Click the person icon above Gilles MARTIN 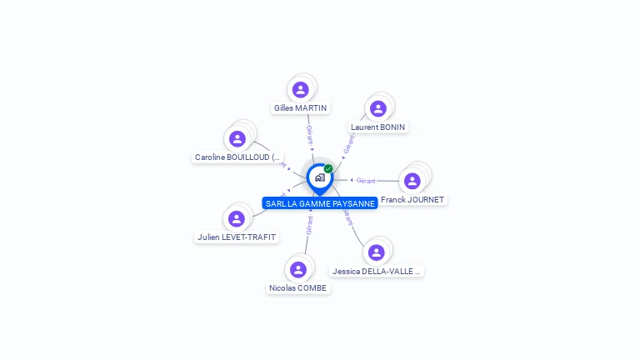[x=301, y=89]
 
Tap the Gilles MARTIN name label [x=301, y=107]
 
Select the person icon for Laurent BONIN [x=378, y=108]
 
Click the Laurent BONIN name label [x=378, y=127]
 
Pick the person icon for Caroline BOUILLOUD [x=237, y=138]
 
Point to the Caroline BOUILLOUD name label [x=238, y=157]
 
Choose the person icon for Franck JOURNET [x=412, y=181]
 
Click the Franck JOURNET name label [x=412, y=200]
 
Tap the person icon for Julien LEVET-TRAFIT [x=237, y=218]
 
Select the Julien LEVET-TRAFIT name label [x=237, y=237]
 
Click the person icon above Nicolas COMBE [x=298, y=269]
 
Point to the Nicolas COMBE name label [x=298, y=288]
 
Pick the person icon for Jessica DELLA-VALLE [x=377, y=252]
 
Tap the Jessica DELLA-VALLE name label [x=377, y=271]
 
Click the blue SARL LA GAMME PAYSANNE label [x=320, y=203]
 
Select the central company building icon [x=319, y=177]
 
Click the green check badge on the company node [x=328, y=168]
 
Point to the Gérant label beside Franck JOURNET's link [x=366, y=180]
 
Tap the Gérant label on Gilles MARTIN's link [x=310, y=135]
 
